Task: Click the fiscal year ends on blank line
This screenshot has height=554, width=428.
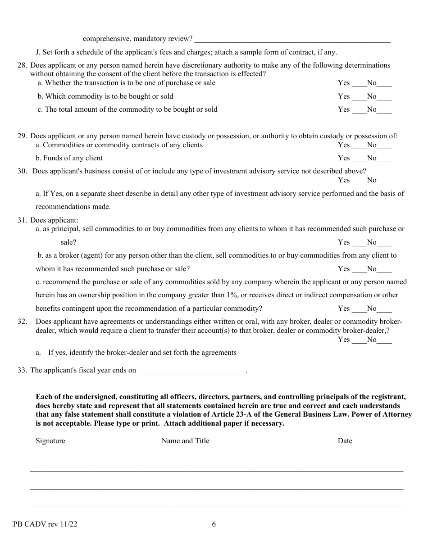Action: tap(192, 371)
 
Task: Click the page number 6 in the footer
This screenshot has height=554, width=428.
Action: tap(214, 524)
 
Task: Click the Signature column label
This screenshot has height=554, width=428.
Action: tap(50, 441)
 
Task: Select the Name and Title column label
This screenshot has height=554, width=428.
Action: tap(185, 441)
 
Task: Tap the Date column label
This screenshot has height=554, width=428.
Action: tap(345, 441)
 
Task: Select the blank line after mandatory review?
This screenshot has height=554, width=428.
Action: tap(292, 40)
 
